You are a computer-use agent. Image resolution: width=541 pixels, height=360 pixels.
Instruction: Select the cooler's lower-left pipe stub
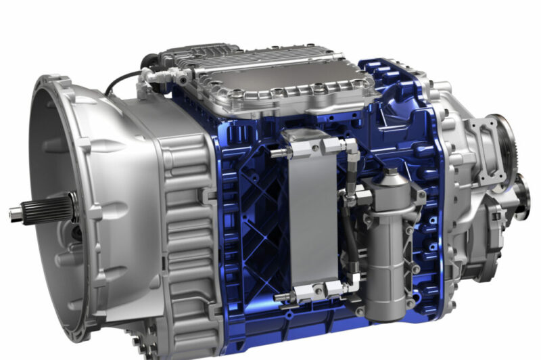(x=281, y=297)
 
